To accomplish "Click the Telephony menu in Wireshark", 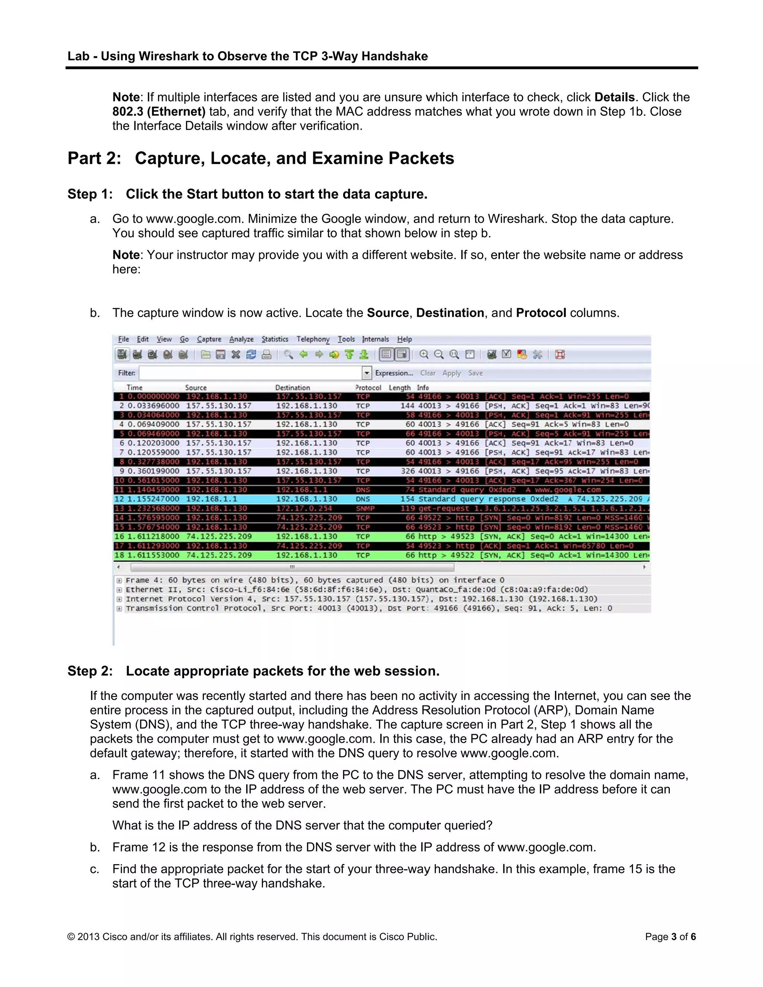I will tap(313, 339).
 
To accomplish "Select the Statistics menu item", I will tap(275, 339).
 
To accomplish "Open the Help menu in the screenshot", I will tap(405, 339).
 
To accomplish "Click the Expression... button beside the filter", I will tap(394, 373).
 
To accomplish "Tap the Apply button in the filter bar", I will tap(452, 373).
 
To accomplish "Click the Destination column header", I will tap(292, 387).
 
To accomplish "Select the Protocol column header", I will tap(368, 387).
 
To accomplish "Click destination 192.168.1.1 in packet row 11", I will tap(302, 489).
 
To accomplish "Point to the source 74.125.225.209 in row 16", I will tap(219, 536).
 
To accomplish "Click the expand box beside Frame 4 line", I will tap(119, 580).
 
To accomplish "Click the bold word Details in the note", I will tap(614, 97).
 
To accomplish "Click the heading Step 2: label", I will tap(90, 671).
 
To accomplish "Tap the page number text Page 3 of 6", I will tap(670, 936).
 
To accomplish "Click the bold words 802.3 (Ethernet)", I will tap(159, 112).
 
